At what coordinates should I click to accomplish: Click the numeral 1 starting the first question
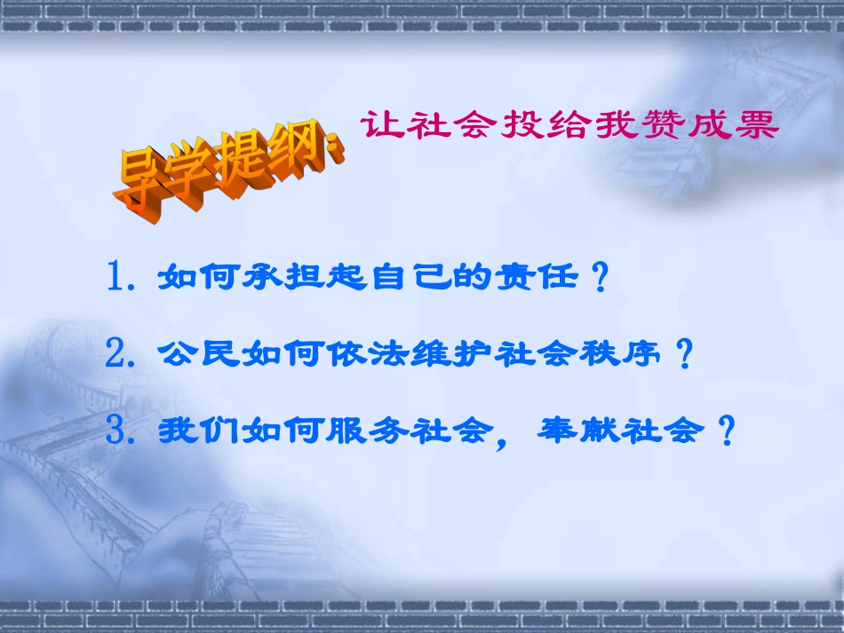coord(116,278)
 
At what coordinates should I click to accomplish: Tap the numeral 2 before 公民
coord(116,355)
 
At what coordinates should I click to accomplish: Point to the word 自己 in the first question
coord(418,279)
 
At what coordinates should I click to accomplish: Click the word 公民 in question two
coord(194,355)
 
